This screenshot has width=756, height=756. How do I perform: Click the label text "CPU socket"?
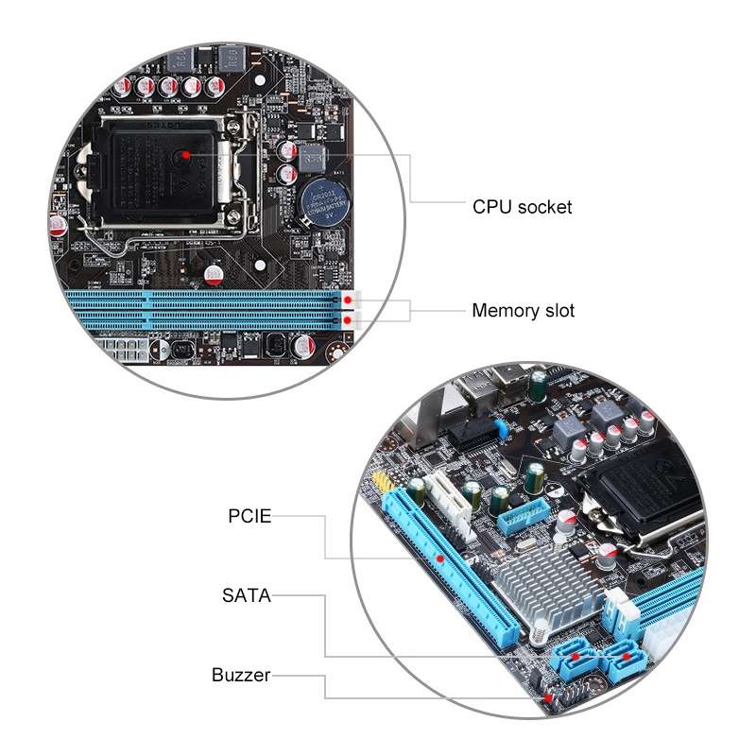click(x=522, y=206)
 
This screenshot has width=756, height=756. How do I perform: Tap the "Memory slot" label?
click(x=523, y=310)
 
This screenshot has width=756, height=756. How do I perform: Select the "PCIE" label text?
click(x=249, y=516)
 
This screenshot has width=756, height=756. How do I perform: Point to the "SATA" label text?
click(x=246, y=595)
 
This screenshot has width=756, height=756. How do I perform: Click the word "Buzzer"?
click(x=241, y=675)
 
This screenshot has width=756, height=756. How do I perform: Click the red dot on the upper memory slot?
click(x=349, y=301)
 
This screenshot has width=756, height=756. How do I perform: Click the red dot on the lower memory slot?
click(x=349, y=321)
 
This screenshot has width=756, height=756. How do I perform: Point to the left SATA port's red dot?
click(x=575, y=654)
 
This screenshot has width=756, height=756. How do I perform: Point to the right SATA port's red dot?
click(x=625, y=653)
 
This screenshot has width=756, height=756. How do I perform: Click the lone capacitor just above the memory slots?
click(x=214, y=275)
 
